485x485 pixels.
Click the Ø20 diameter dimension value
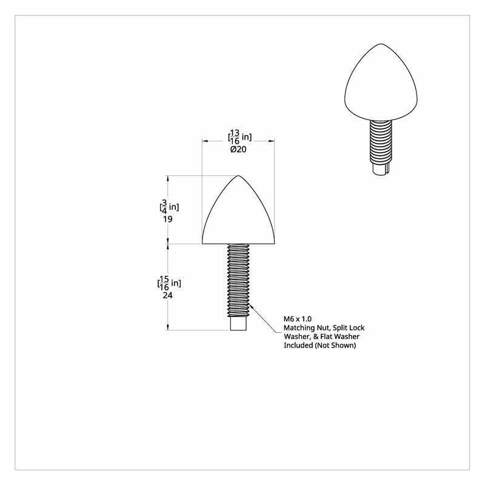point(238,149)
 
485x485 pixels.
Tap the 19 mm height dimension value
point(168,219)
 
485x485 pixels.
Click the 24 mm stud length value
point(168,295)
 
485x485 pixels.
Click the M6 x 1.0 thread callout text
point(298,319)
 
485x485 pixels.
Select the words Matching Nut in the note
point(307,328)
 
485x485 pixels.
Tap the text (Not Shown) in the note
point(335,346)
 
